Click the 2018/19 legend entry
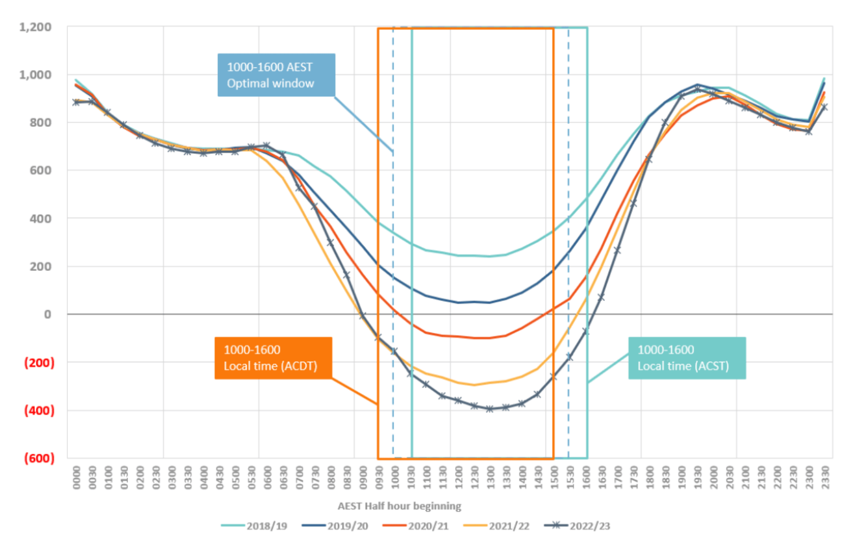255,526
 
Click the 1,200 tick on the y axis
36,27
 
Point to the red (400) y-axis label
40,410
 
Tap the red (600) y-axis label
40,458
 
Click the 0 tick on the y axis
48,314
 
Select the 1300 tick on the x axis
490,477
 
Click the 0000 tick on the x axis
76,477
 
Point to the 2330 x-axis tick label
825,477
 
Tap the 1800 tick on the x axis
649,477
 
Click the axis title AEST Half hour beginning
399,506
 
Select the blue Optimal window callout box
276,75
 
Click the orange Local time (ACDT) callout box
273,358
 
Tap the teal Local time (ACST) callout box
687,358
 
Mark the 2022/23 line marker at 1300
490,409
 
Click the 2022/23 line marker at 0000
76,102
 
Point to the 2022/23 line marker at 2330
825,107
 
